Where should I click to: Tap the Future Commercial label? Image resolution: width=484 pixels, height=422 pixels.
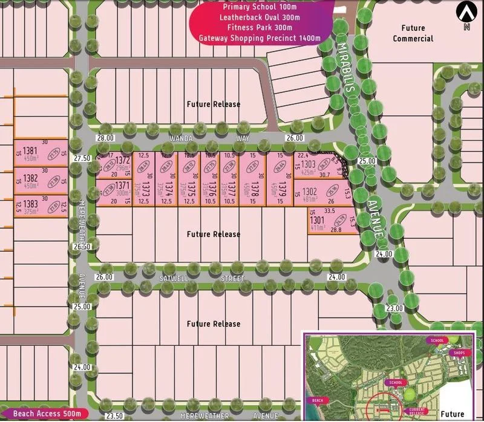coord(413,33)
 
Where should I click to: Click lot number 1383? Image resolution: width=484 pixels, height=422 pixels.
coord(30,204)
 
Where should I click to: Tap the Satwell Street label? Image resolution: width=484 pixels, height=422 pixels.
coord(202,279)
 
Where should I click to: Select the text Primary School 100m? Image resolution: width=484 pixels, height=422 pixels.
coord(257,7)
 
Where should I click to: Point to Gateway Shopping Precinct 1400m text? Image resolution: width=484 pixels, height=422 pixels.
coord(257,37)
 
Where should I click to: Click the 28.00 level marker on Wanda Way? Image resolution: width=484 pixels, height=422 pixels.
coord(104,138)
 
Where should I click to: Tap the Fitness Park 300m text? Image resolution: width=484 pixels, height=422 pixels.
coord(257,27)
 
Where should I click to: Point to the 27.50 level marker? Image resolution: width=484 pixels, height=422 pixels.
coord(82,158)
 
